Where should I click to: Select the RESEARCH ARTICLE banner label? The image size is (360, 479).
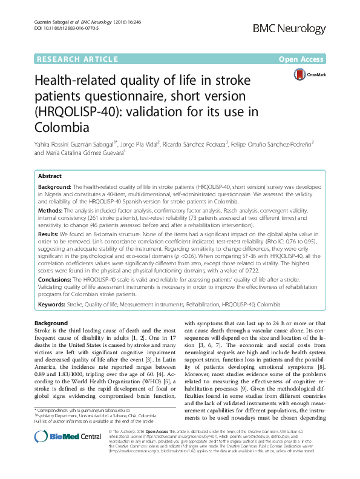77,59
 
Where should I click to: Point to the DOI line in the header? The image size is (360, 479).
61,28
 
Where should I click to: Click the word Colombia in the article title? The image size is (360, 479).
62,127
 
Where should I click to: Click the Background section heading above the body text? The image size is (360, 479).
51,323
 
